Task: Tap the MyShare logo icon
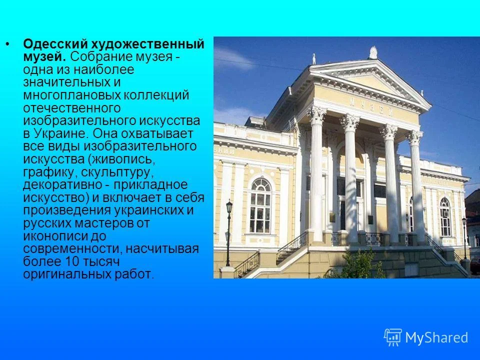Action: (392, 337)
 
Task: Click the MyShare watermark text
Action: (436, 337)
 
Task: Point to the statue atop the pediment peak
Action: (373, 52)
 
